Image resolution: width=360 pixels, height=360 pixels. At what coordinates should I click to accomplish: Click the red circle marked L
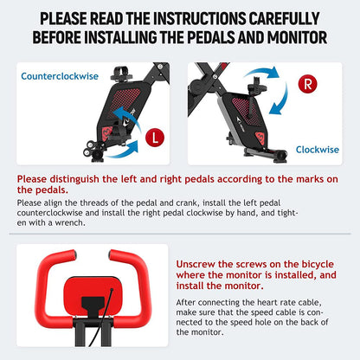(155, 138)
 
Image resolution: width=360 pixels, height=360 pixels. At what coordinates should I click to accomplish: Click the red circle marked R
(307, 84)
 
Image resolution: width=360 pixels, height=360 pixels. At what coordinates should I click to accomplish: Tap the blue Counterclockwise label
(60, 76)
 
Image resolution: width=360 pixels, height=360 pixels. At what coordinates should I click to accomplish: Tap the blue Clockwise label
(318, 150)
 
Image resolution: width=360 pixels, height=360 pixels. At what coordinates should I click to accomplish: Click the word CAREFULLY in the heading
(284, 19)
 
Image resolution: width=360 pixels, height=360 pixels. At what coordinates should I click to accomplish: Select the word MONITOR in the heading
(297, 37)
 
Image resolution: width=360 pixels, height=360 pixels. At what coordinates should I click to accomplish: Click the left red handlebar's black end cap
(74, 254)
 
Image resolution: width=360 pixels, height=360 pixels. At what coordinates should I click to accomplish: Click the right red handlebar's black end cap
(111, 254)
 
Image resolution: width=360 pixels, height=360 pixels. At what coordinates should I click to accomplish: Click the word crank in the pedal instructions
(187, 202)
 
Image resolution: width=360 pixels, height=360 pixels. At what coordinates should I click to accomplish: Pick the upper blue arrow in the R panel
(261, 73)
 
